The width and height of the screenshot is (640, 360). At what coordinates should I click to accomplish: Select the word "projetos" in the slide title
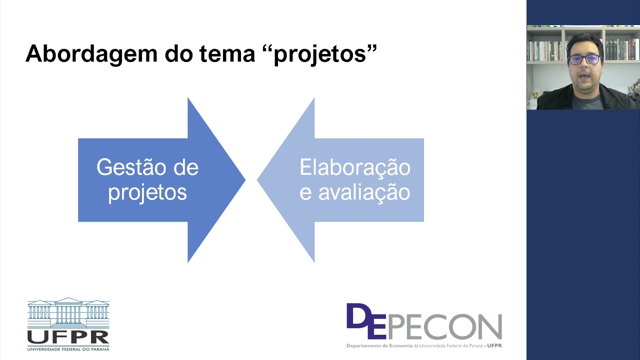[x=325, y=54]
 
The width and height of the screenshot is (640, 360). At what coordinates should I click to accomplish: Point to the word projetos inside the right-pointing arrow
[x=147, y=192]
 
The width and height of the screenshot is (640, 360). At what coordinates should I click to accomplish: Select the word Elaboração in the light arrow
[x=355, y=167]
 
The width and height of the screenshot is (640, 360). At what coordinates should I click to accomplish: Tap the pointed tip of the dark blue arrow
[x=243, y=180]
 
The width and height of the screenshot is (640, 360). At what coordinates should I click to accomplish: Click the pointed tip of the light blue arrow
[x=259, y=180]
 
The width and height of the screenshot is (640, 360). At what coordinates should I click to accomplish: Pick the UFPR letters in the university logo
[x=68, y=336]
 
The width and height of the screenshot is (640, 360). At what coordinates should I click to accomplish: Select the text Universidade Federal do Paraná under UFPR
[x=68, y=348]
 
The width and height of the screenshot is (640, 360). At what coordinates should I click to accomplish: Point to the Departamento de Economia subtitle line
[x=424, y=345]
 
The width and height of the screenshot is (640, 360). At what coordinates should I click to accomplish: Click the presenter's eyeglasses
[x=584, y=59]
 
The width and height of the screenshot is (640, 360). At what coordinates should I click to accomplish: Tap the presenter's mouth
[x=583, y=76]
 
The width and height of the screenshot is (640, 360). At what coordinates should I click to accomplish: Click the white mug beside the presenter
[x=532, y=103]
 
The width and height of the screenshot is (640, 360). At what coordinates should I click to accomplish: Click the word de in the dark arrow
[x=185, y=167]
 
